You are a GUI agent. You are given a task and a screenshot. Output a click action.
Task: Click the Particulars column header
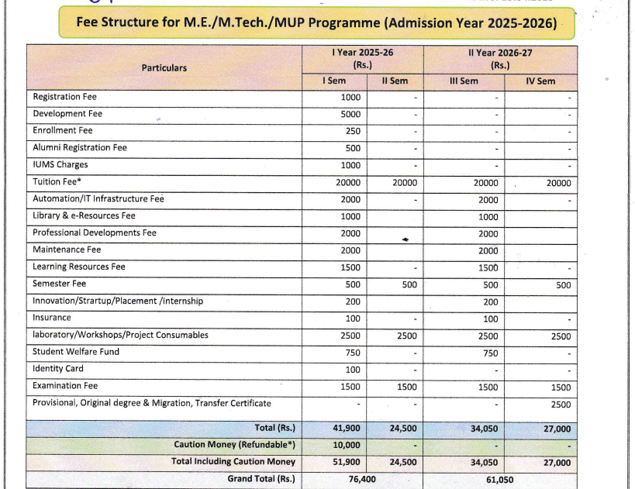click(x=164, y=67)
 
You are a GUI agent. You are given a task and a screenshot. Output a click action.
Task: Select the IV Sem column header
click(x=540, y=81)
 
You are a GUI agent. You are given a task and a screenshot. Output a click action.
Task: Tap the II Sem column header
click(x=395, y=81)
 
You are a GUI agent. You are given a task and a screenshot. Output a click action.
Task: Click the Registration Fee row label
click(x=65, y=97)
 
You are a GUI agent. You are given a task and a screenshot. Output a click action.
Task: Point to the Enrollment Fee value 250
click(x=353, y=131)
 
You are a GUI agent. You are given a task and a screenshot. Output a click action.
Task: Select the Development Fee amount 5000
click(x=350, y=114)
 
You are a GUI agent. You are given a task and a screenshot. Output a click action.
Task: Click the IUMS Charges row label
click(x=60, y=165)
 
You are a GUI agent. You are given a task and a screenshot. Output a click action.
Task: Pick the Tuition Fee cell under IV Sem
click(x=558, y=183)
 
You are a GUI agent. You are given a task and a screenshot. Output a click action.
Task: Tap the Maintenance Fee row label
click(x=67, y=250)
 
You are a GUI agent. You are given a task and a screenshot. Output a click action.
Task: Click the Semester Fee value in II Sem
click(x=409, y=284)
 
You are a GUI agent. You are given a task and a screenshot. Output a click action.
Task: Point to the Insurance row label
click(x=52, y=318)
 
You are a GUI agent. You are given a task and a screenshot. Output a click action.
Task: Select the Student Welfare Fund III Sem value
click(x=491, y=353)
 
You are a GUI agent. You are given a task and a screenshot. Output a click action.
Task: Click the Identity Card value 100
click(x=353, y=370)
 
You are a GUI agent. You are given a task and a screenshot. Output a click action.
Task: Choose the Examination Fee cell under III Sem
click(x=488, y=387)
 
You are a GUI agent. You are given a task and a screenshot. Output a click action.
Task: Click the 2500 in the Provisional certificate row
click(x=561, y=405)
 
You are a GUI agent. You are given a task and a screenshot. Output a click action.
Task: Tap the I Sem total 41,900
click(x=347, y=428)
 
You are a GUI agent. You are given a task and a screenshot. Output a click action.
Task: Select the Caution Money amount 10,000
click(x=347, y=445)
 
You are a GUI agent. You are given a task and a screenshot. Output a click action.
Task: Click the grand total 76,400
click(x=362, y=479)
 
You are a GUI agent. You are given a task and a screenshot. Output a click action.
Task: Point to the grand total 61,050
click(x=500, y=480)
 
